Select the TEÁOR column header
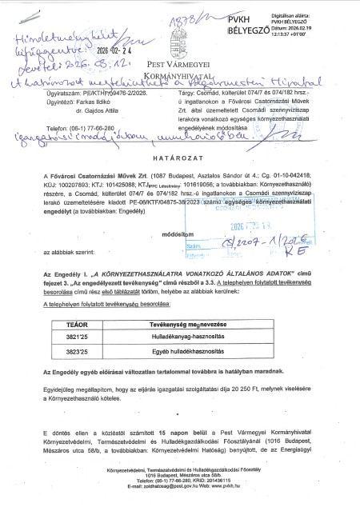(x=78, y=369)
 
